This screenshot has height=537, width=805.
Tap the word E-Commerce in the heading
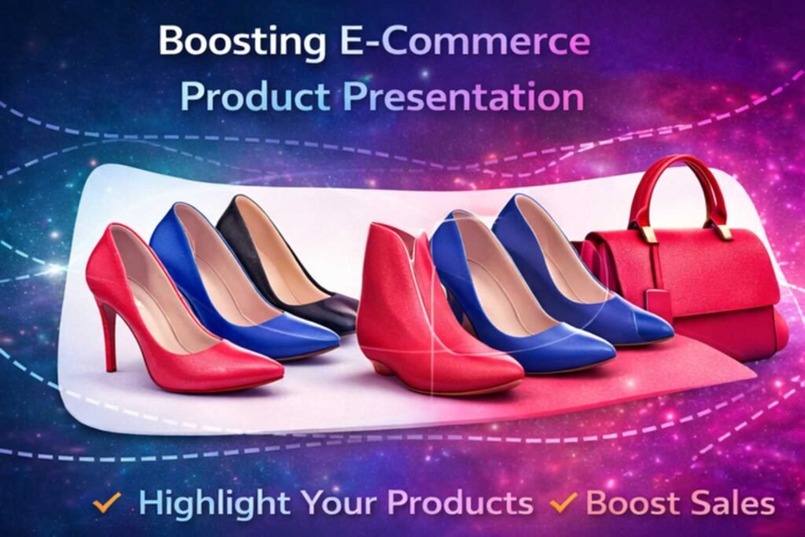465,40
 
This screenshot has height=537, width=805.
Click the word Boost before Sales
631,502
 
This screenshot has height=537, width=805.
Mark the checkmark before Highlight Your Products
107,502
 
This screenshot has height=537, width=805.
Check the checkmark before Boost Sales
563,502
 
